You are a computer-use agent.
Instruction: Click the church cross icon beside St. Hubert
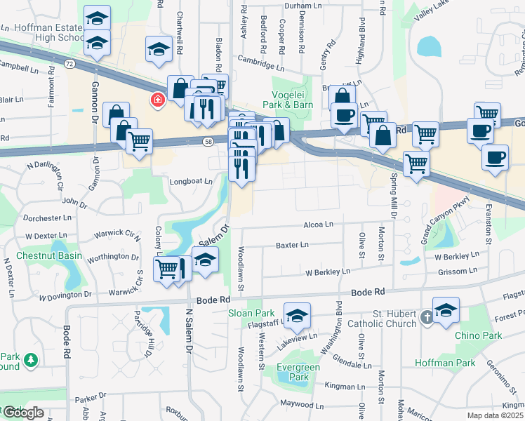[425, 319]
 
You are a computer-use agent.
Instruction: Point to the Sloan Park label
[251, 313]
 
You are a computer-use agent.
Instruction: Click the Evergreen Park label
[298, 372]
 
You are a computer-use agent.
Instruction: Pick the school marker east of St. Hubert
[446, 309]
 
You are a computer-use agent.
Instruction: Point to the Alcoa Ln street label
[318, 225]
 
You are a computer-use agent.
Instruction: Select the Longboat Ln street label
[191, 181]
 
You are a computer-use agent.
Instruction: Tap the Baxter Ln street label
[292, 245]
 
